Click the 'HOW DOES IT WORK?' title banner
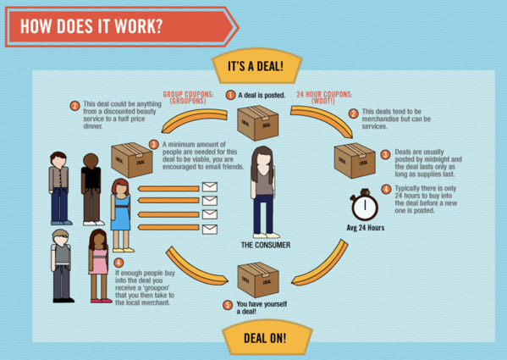tap(121, 26)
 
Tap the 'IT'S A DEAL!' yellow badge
tap(256, 66)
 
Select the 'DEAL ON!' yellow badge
tap(266, 338)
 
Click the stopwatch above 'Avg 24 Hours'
tap(365, 205)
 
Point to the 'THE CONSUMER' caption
tap(266, 245)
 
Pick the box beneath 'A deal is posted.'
tap(257, 123)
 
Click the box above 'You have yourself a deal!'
tap(258, 280)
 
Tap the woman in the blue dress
tap(122, 215)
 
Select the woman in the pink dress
tap(99, 266)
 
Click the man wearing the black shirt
tap(91, 189)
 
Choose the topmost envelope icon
tap(210, 187)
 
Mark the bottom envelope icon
tap(210, 230)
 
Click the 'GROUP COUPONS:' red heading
tap(188, 95)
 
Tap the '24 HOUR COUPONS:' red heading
tap(324, 95)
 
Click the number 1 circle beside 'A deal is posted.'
tap(230, 95)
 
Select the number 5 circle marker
tap(228, 305)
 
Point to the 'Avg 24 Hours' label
tap(366, 228)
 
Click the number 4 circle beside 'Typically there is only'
tap(386, 189)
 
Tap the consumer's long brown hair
tap(262, 163)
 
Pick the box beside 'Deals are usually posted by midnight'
tap(355, 160)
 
